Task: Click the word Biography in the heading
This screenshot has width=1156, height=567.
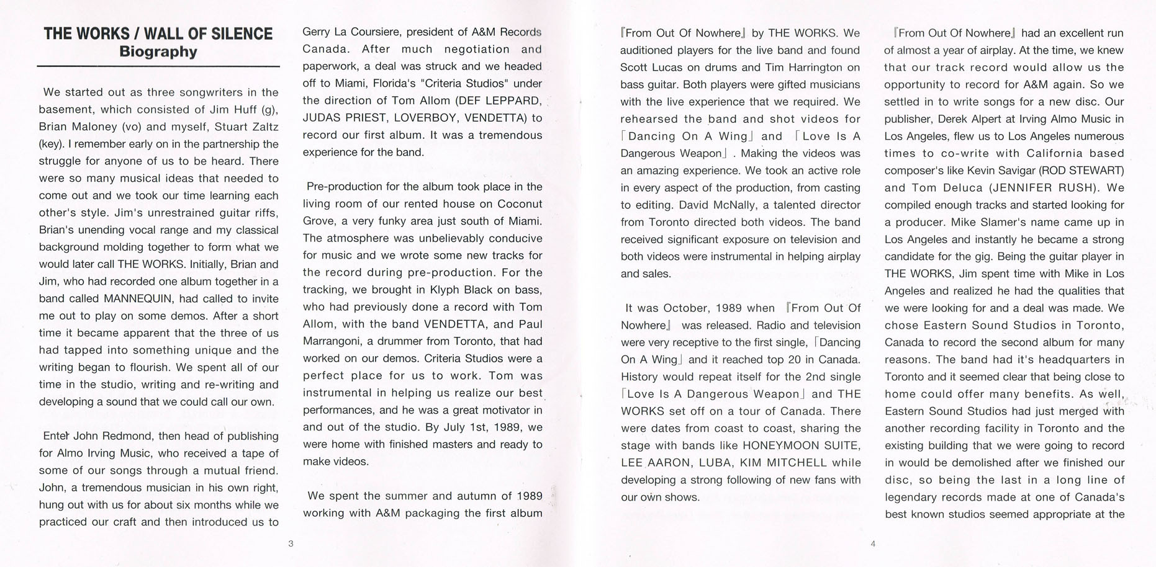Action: (158, 51)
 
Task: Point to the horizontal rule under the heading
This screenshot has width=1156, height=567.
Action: (158, 66)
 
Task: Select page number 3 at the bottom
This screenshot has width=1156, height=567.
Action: (291, 544)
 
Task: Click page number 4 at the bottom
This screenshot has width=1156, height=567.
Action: (873, 544)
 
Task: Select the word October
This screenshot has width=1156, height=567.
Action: (686, 308)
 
